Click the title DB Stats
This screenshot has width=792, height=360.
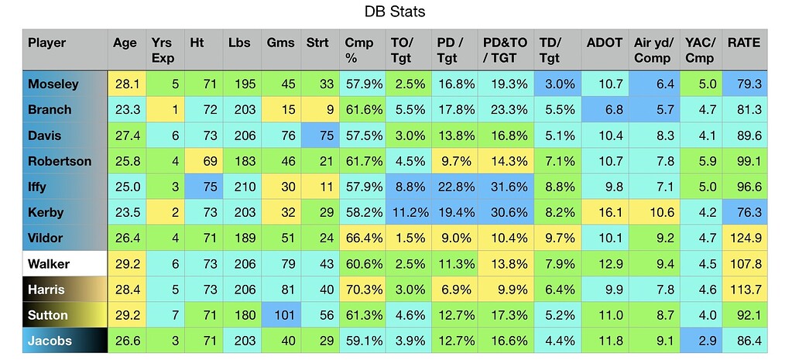395,13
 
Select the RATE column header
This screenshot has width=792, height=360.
743,43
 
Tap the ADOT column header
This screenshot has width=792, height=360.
605,43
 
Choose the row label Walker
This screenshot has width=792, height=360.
49,264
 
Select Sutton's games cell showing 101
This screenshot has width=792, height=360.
281,315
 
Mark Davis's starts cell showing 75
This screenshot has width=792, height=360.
320,135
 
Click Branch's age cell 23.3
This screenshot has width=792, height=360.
127,109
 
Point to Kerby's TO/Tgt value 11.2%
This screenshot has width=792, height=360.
405,212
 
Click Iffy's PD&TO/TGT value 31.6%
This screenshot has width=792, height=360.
504,187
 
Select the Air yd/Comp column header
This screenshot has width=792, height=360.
655,50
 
